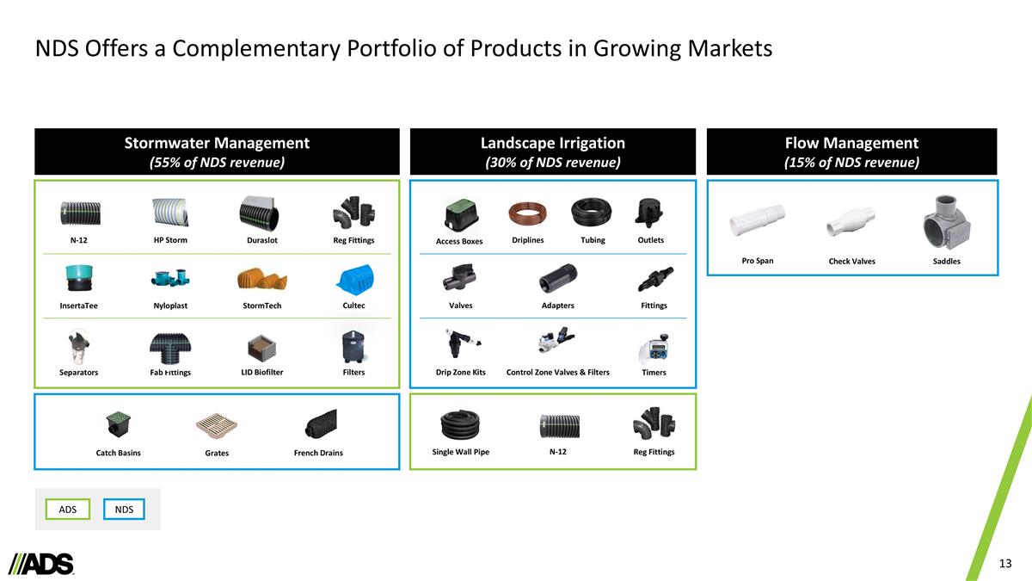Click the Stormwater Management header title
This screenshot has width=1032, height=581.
(217, 143)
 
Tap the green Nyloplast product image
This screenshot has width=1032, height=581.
(169, 278)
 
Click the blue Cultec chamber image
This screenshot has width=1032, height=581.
(353, 277)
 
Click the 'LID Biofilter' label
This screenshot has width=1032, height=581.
(261, 372)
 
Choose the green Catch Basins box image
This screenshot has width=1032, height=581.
(118, 424)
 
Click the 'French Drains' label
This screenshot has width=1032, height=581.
(318, 453)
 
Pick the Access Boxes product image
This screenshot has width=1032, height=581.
(459, 212)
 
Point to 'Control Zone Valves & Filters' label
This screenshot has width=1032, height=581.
(558, 372)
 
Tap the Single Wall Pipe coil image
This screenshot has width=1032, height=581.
(460, 423)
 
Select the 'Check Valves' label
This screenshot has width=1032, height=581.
(851, 261)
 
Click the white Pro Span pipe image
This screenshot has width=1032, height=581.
(757, 221)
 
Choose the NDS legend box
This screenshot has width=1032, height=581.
(124, 510)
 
